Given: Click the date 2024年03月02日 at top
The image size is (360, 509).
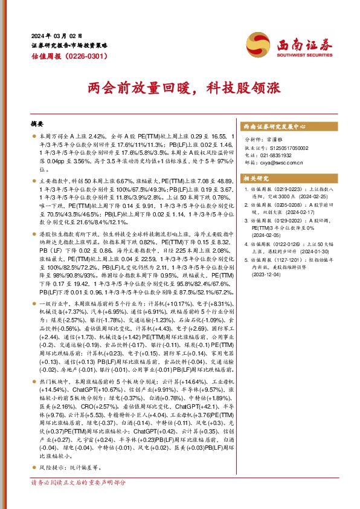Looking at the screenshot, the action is click(56, 35).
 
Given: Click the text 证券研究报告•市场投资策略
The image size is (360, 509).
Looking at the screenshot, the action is click(69, 45).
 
